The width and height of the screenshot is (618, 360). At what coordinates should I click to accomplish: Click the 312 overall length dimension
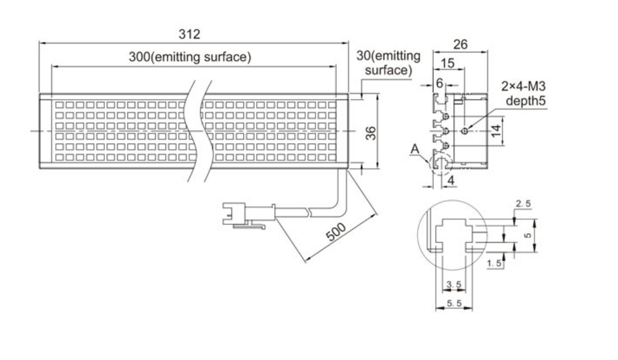[189, 35]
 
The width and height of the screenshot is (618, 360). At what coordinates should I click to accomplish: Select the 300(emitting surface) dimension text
[190, 58]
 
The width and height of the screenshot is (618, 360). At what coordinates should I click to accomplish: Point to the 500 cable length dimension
[335, 231]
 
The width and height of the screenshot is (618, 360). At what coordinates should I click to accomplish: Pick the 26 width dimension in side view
[460, 44]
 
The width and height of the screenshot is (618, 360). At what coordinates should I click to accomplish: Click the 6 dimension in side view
[439, 83]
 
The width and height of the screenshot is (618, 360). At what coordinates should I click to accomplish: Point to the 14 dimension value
[495, 131]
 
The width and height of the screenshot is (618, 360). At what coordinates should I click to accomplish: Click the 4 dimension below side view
[451, 180]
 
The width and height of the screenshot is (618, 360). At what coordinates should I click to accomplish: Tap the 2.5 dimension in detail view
[522, 204]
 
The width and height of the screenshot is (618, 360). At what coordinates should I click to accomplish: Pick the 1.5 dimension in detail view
[494, 263]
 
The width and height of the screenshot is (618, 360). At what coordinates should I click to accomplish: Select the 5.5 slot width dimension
[454, 303]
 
